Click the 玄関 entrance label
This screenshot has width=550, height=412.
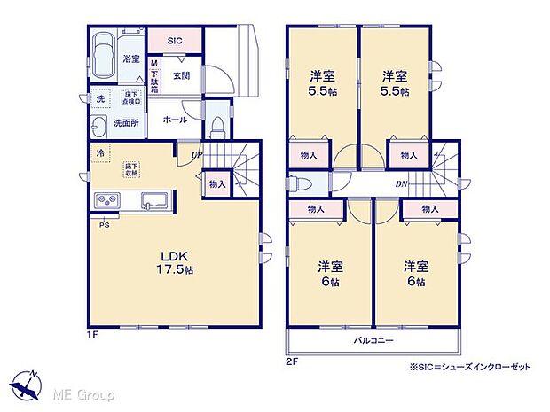181,75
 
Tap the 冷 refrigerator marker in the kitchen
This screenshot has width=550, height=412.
98,152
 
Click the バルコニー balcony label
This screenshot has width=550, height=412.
376,340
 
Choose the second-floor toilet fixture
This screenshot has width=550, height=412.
297,185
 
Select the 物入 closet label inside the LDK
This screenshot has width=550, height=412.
216,184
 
